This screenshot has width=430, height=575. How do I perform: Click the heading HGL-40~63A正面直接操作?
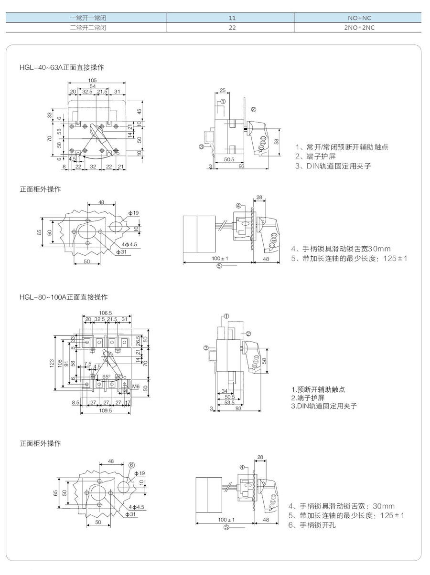pyautogui.click(x=62, y=67)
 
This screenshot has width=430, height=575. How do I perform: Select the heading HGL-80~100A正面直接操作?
pyautogui.click(x=64, y=297)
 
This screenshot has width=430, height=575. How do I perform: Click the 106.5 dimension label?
pyautogui.click(x=106, y=313)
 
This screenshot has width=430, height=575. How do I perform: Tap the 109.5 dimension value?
pyautogui.click(x=105, y=410)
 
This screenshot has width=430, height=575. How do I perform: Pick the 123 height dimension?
pyautogui.click(x=52, y=363)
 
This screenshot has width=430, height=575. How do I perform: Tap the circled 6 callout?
pyautogui.click(x=132, y=466)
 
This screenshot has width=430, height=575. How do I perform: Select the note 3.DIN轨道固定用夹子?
pyautogui.click(x=324, y=406)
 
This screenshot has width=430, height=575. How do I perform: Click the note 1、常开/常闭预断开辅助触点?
pyautogui.click(x=341, y=147)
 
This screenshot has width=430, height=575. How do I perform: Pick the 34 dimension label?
pyautogui.click(x=224, y=391)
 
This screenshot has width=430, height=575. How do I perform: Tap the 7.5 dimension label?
pyautogui.click(x=87, y=364)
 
